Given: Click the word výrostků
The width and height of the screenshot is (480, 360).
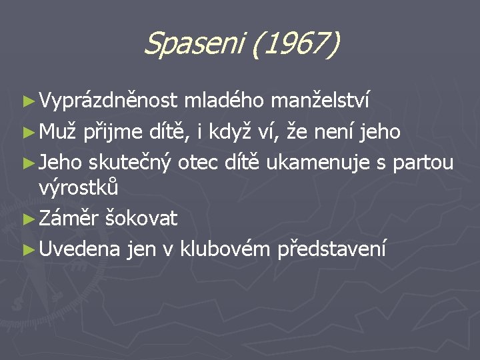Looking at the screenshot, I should click(79, 187).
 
